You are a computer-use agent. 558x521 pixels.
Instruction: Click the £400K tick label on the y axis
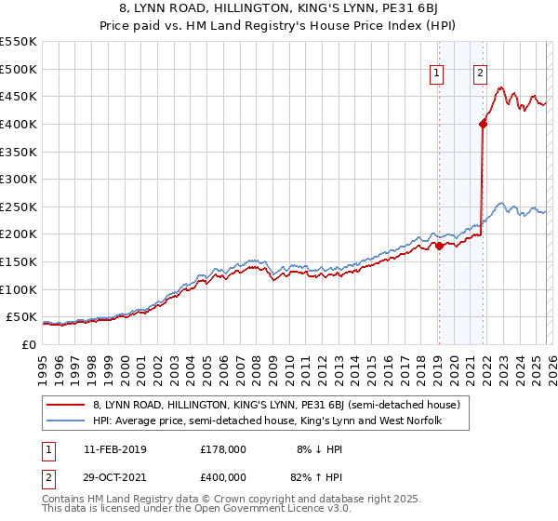click(18, 124)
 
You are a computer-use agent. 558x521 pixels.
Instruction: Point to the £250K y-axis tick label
click(18, 207)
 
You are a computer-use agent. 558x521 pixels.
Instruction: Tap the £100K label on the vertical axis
click(18, 289)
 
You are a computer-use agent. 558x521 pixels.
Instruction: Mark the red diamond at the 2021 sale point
click(483, 123)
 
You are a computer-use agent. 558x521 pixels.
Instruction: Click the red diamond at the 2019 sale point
click(439, 246)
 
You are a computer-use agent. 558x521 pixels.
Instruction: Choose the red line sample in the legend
click(65, 405)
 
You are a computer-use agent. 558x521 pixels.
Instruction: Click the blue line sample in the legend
click(65, 421)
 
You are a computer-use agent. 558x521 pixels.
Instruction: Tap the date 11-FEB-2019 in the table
click(115, 449)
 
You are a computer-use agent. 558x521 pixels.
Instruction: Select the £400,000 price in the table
click(223, 476)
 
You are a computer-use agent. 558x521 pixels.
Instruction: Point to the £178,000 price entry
click(223, 449)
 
